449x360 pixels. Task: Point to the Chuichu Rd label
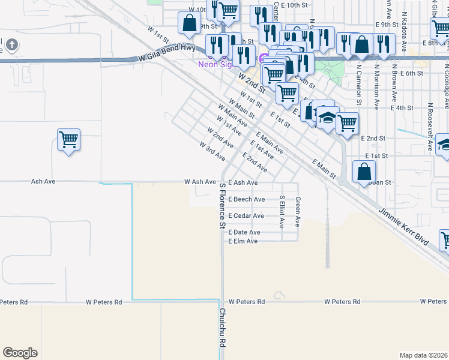(221, 328)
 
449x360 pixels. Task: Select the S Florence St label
(221, 205)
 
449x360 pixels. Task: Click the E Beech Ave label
(246, 199)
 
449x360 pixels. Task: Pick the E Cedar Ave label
(246, 216)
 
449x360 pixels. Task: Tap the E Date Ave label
(244, 232)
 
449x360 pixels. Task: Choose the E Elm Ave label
(243, 241)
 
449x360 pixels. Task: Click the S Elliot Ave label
(282, 211)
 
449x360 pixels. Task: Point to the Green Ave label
(298, 212)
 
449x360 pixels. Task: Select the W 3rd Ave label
(212, 151)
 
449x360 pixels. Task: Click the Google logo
(20, 353)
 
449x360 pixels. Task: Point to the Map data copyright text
(423, 355)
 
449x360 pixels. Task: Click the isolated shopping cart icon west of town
(69, 140)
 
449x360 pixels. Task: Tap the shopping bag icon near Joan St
(364, 172)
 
